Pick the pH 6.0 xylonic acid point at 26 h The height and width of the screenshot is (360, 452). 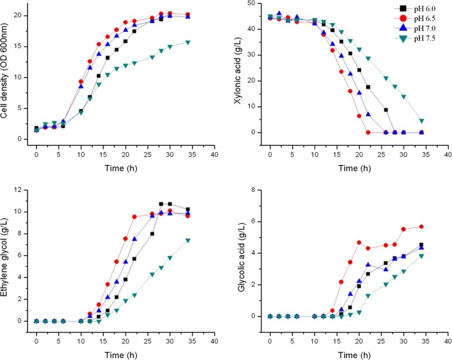coord(386,110)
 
